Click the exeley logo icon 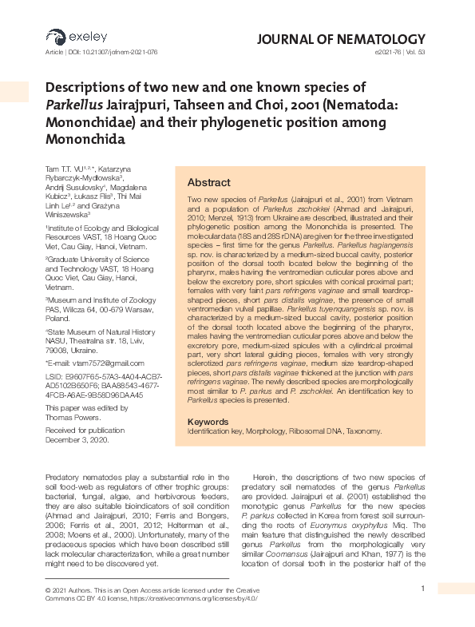pyautogui.click(x=55, y=37)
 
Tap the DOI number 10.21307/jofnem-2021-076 pyautogui.click(x=119, y=52)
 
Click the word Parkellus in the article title pyautogui.click(x=75, y=104)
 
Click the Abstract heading pyautogui.click(x=208, y=182)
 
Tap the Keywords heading pyautogui.click(x=208, y=421)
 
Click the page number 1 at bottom pyautogui.click(x=422, y=589)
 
